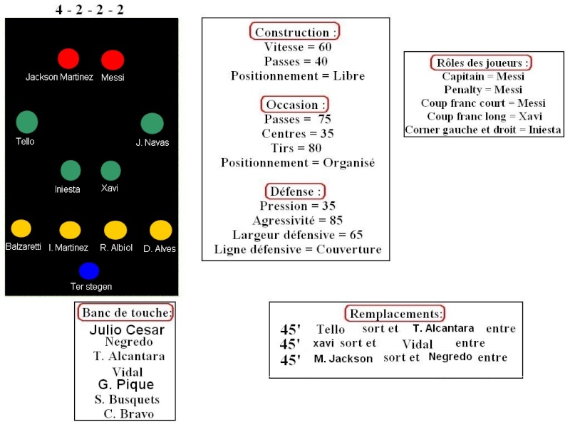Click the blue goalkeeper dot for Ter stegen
89,271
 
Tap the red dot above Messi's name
113,60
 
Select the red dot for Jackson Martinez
68,58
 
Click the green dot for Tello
27,122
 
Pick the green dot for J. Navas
152,123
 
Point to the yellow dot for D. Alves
161,230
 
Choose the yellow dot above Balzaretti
21,228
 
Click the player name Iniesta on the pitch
67,189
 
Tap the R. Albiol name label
116,248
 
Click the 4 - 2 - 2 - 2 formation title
90,9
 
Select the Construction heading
295,32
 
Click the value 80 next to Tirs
315,148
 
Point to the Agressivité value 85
336,221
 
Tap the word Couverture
349,249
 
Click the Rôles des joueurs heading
481,63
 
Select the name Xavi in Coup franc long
530,116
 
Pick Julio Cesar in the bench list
127,330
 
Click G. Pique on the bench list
126,384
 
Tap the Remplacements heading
396,313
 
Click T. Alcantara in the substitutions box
443,328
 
